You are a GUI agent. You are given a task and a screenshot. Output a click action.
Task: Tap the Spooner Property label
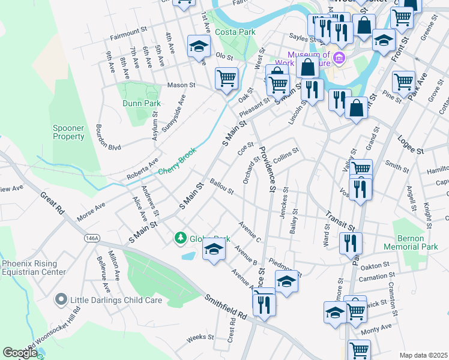68,132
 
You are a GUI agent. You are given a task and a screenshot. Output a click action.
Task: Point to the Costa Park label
237,32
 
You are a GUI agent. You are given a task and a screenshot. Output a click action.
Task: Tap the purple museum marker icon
340,58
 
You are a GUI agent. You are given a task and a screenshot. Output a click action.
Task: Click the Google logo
20,353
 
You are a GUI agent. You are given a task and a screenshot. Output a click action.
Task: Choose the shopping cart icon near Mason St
226,77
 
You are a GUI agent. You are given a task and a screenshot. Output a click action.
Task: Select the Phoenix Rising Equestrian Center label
34,267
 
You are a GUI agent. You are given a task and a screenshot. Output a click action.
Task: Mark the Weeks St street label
196,338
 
